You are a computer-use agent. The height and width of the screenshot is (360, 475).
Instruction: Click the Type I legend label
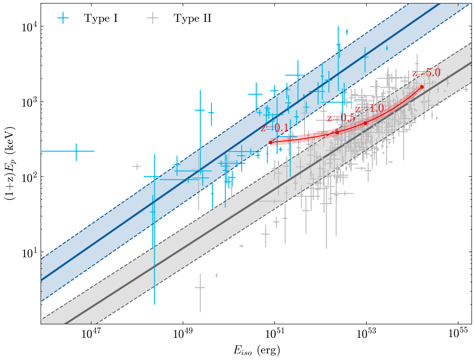(101, 18)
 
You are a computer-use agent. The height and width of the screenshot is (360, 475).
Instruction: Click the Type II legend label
(193, 18)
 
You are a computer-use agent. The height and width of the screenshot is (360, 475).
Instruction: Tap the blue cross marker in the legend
(63, 18)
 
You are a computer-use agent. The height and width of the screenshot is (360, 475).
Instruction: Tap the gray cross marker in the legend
(153, 18)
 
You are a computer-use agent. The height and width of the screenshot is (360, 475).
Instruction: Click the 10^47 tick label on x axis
(91, 334)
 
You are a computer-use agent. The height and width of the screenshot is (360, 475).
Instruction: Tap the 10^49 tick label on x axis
(183, 334)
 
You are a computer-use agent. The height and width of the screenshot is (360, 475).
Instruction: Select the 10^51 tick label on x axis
(275, 334)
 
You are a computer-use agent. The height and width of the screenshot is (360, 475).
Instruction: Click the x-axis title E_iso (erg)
(256, 350)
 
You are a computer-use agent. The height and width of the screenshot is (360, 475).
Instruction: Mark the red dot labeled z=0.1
(271, 142)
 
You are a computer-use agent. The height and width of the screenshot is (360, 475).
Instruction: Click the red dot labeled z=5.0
(422, 87)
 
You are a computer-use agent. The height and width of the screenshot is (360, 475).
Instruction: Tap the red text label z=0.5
(341, 118)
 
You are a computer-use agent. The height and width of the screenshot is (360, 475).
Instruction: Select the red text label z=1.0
(370, 109)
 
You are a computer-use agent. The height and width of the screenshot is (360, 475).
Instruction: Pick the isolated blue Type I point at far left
(76, 151)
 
